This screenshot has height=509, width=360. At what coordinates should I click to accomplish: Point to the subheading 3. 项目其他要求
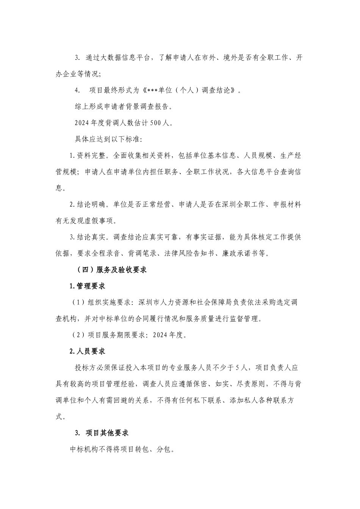point(102,433)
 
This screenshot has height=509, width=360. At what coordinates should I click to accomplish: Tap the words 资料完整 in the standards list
point(91,156)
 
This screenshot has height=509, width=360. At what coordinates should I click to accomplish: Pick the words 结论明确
point(91,205)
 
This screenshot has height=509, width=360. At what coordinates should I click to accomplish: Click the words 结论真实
point(91,237)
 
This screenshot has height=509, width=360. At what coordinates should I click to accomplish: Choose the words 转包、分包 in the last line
point(152,450)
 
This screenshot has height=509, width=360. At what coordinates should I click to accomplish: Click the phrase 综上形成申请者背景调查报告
point(124,106)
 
